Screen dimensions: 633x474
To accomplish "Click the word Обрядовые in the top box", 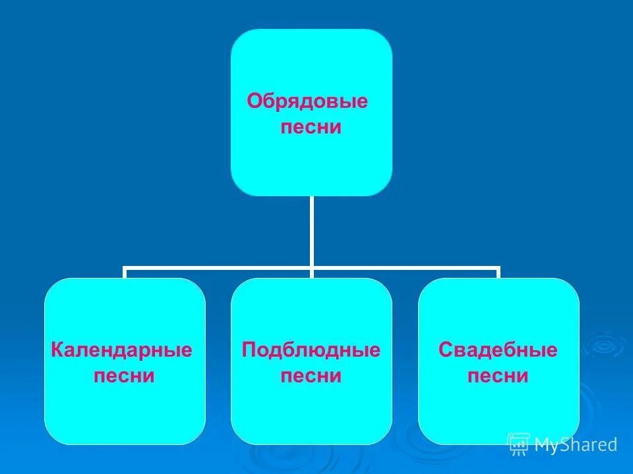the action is (307, 101).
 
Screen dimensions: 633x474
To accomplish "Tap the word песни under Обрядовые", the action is (311, 127).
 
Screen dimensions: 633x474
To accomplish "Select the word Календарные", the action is (121, 350).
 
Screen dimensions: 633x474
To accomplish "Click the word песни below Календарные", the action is (125, 376).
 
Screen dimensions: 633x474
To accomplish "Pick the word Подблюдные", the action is (311, 350).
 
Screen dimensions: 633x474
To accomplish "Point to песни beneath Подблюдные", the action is (311, 376).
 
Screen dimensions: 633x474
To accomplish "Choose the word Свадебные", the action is (498, 350).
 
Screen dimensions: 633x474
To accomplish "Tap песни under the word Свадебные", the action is (498, 376).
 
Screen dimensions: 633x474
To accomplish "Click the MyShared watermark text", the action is (576, 445).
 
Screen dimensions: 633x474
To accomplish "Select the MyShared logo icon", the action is (518, 444).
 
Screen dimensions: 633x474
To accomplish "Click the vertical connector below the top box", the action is (311, 230).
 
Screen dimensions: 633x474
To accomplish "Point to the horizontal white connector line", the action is (218, 269).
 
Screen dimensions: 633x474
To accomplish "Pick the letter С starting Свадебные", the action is (445, 350).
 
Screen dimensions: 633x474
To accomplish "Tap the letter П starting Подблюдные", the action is (249, 350).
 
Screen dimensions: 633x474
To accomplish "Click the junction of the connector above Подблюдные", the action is (311, 269).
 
